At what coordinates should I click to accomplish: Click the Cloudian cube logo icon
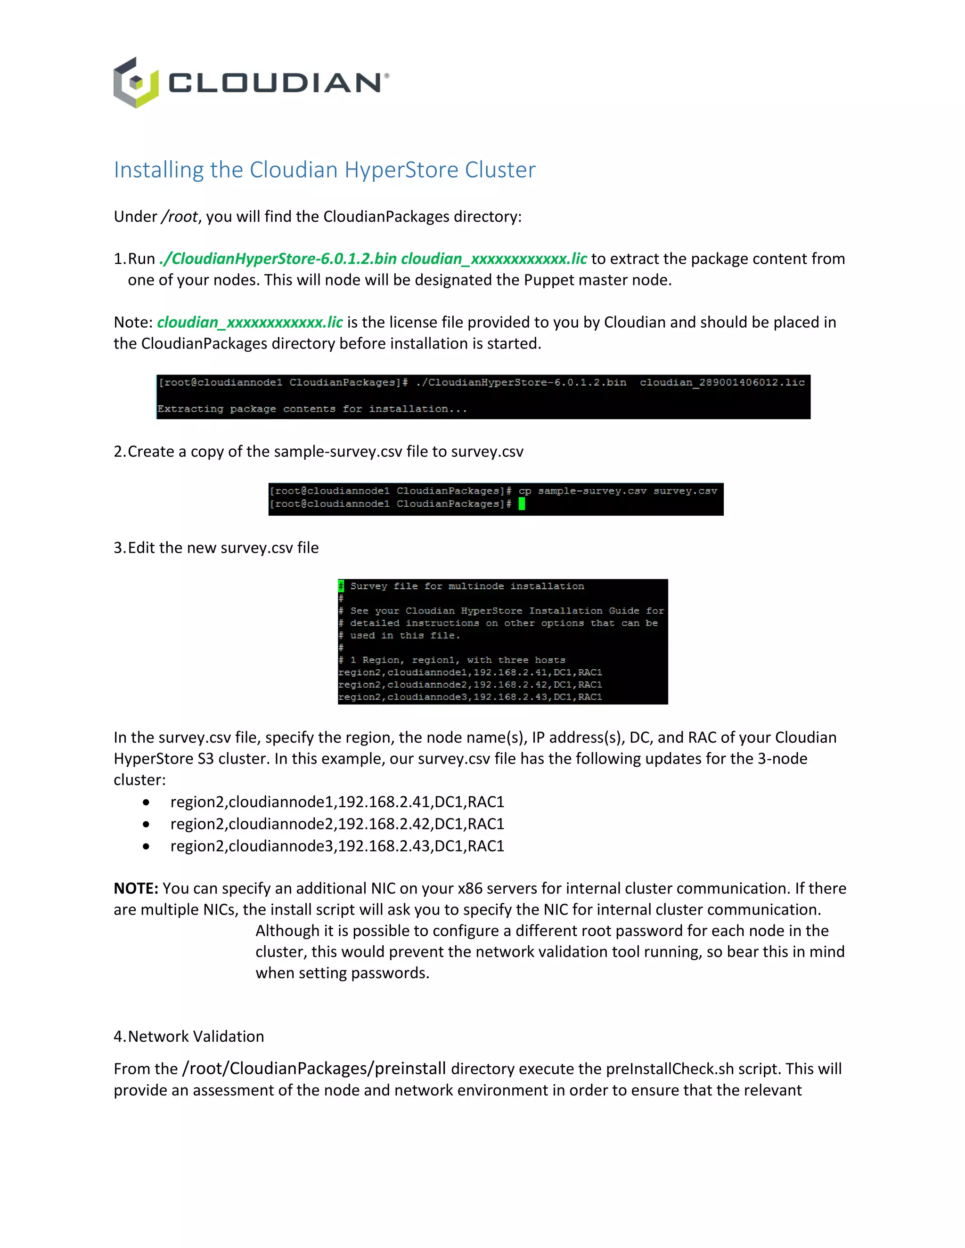pyautogui.click(x=136, y=83)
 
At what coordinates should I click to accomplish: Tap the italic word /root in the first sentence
pyautogui.click(x=180, y=217)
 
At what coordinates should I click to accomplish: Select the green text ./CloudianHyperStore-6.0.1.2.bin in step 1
pyautogui.click(x=278, y=259)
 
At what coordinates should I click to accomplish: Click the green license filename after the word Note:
pyautogui.click(x=250, y=322)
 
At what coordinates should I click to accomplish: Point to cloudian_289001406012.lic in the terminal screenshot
pyautogui.click(x=721, y=382)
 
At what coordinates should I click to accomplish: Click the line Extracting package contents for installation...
pyautogui.click(x=312, y=409)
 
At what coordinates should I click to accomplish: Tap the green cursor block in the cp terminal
pyautogui.click(x=522, y=503)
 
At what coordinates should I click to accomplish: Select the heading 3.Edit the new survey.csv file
pyautogui.click(x=216, y=547)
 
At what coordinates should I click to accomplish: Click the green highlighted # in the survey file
pyautogui.click(x=341, y=586)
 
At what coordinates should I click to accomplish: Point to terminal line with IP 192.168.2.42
pyautogui.click(x=469, y=685)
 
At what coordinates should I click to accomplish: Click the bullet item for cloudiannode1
pyautogui.click(x=337, y=802)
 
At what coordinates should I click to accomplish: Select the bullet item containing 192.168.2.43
pyautogui.click(x=337, y=846)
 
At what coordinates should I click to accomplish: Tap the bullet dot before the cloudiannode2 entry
pyautogui.click(x=147, y=824)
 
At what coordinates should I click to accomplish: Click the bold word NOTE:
pyautogui.click(x=136, y=888)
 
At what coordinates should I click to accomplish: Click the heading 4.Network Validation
pyautogui.click(x=188, y=1036)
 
